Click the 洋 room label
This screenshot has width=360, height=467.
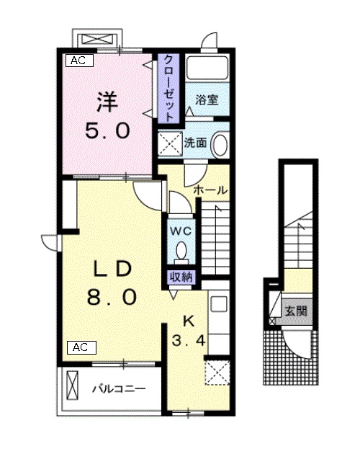click(108, 102)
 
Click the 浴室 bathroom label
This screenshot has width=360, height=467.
click(207, 100)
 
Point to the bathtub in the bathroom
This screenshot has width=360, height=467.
click(207, 70)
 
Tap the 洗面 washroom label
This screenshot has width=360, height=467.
click(194, 142)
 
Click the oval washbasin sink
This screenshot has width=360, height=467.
click(220, 142)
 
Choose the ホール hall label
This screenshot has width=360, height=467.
click(211, 190)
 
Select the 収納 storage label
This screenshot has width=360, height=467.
click(181, 276)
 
